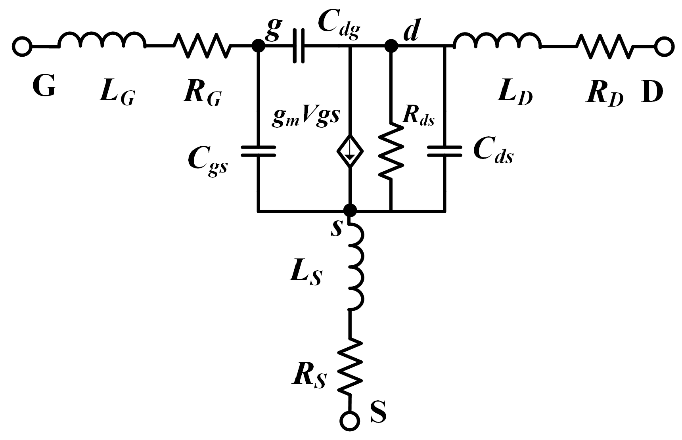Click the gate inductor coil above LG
[102, 41]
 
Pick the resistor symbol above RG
[203, 46]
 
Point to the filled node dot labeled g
[259, 46]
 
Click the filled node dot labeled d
[391, 46]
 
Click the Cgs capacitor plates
[259, 151]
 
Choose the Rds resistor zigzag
[391, 151]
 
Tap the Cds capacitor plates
[444, 151]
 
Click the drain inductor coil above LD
[497, 41]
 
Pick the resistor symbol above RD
[603, 46]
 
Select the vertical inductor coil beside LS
[355, 268]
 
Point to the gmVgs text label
[306, 118]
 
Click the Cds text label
[493, 151]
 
